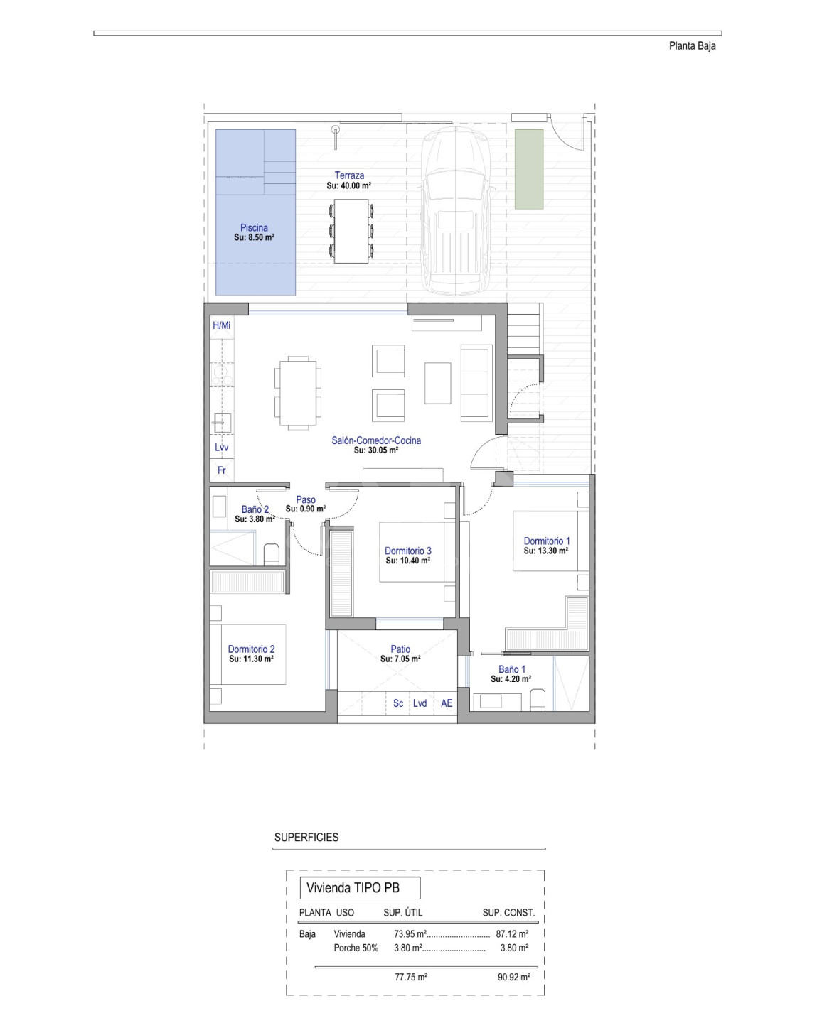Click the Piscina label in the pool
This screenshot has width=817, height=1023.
coord(254,228)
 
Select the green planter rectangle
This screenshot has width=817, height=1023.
coord(528,169)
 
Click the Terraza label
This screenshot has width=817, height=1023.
coord(349,175)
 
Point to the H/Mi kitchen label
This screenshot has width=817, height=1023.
coord(221,325)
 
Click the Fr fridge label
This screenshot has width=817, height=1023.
coord(221,470)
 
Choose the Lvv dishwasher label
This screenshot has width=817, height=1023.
coord(221,448)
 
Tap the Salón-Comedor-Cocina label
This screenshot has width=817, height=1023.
coord(376,440)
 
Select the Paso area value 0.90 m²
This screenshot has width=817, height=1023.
coord(306,509)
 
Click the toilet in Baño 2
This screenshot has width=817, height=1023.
coord(271,554)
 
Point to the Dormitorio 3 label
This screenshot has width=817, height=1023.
coord(407,551)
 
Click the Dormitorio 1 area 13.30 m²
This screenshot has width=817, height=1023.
coord(546,551)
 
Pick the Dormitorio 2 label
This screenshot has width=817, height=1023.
coord(251,649)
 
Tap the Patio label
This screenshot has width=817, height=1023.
coord(400,649)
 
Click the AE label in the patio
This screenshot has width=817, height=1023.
coord(447,703)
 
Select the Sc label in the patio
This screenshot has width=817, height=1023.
coord(398,703)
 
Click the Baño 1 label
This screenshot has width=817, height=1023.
coord(511,669)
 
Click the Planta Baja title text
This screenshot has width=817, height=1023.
coord(692,46)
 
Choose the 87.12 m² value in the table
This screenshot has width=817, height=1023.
coord(512,933)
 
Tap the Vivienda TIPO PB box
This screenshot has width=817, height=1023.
coord(360,887)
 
